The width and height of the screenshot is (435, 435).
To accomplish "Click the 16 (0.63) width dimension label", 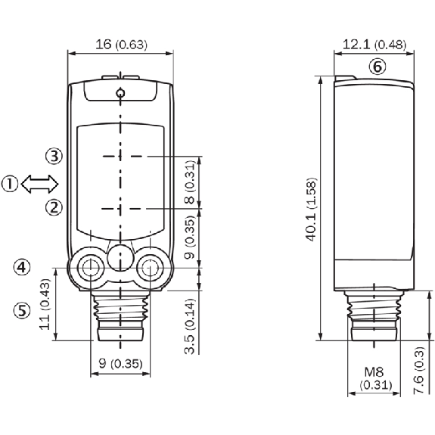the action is (121, 45).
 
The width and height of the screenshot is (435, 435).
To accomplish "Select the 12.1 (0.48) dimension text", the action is (374, 45).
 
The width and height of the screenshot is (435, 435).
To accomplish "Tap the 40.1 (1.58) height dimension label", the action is (311, 209).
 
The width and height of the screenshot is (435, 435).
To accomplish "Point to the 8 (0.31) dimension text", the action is (190, 182).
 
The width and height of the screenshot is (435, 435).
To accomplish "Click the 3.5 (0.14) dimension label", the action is (190, 326).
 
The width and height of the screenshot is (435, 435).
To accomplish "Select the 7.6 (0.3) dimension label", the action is (419, 371).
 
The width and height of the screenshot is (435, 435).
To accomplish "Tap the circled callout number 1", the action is (10, 184).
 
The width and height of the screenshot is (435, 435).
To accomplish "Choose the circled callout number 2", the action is (54, 207).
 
